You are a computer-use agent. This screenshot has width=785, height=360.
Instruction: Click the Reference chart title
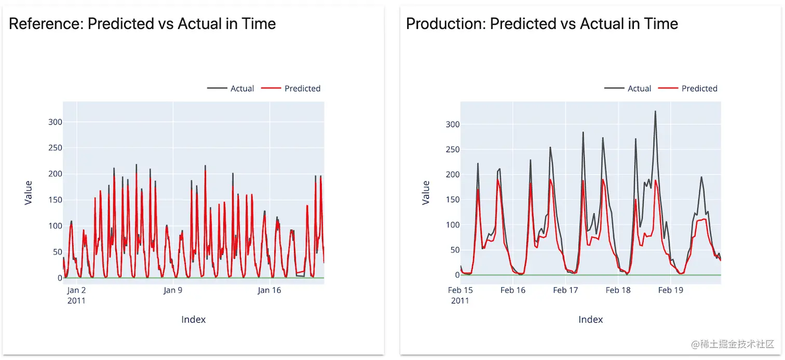pyautogui.click(x=142, y=24)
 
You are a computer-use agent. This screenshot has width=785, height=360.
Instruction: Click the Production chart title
pyautogui.click(x=542, y=24)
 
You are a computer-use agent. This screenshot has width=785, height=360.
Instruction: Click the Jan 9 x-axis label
pyautogui.click(x=173, y=290)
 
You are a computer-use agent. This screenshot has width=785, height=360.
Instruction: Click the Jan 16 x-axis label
pyautogui.click(x=269, y=290)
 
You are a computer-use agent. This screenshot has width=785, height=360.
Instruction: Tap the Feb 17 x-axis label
pyautogui.click(x=565, y=290)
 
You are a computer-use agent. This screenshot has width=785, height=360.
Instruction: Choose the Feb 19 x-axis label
pyautogui.click(x=671, y=290)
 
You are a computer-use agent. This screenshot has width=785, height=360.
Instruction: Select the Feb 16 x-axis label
pyautogui.click(x=513, y=290)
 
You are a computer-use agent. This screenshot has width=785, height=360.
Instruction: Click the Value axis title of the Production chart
pyautogui.click(x=426, y=193)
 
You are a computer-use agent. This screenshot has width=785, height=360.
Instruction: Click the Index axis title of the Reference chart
pyautogui.click(x=194, y=319)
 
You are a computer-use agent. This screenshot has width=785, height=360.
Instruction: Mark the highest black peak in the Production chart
pyautogui.click(x=655, y=111)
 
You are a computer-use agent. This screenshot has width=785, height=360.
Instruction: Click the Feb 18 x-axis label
pyautogui.click(x=618, y=290)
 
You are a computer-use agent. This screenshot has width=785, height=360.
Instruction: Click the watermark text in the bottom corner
pyautogui.click(x=733, y=344)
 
